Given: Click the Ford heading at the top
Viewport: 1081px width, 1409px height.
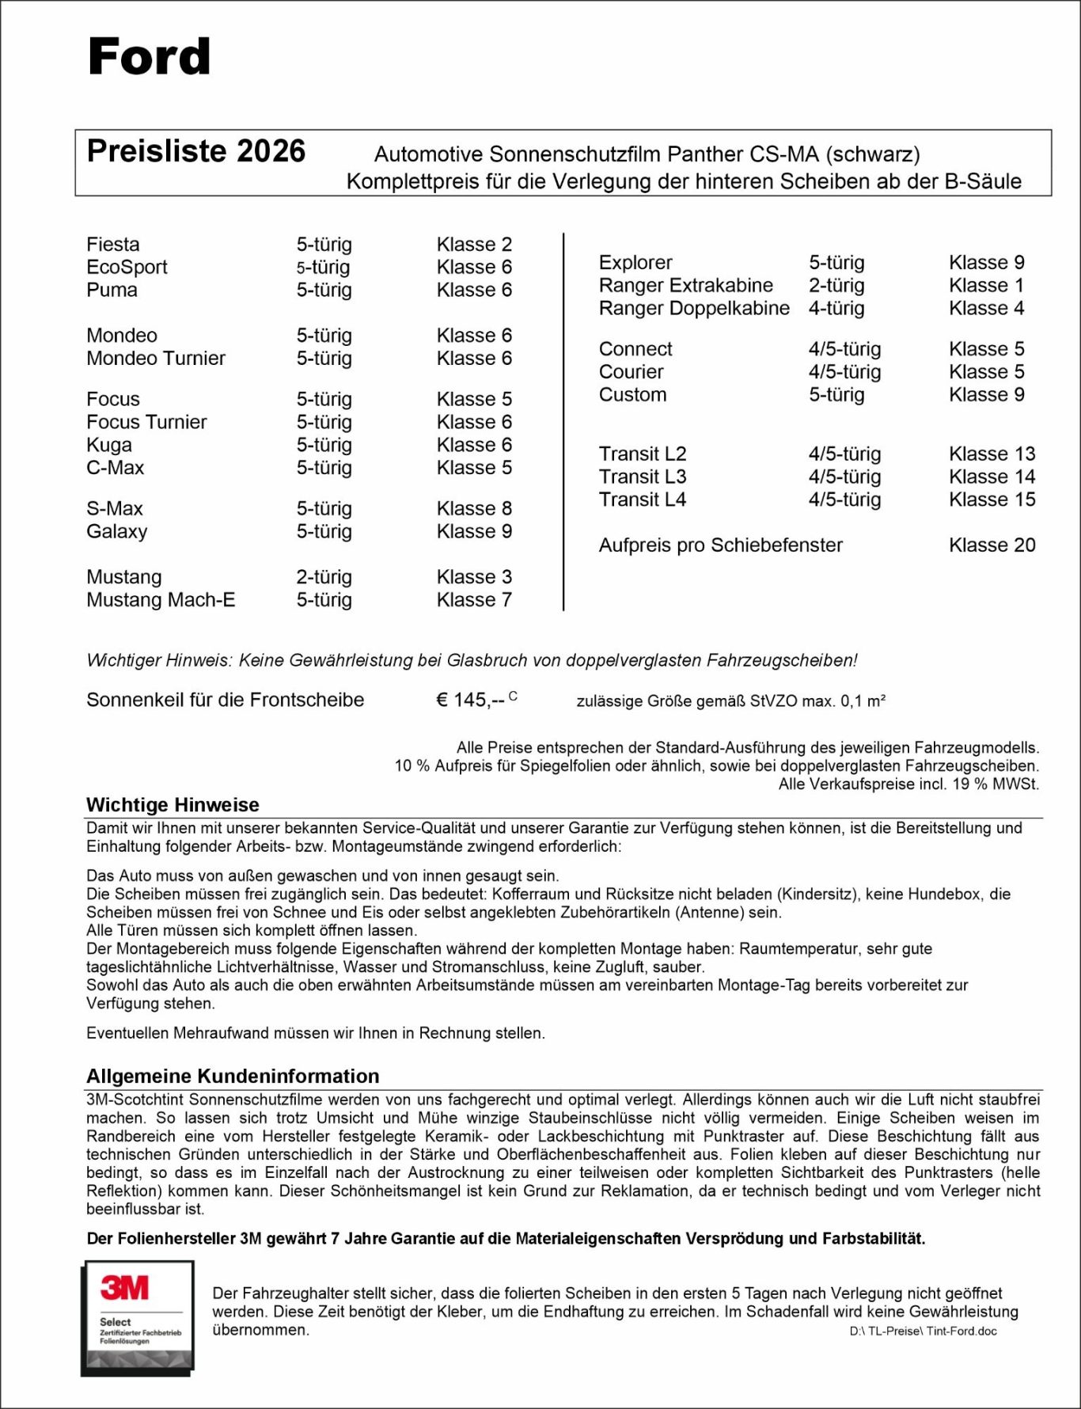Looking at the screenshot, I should pos(149,57).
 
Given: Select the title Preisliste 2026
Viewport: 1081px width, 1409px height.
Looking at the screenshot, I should pos(195,151).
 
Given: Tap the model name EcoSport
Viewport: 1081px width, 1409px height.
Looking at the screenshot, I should pos(127,268).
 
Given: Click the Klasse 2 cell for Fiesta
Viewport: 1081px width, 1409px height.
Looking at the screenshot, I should pos(474,245).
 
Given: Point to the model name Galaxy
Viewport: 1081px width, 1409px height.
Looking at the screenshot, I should pos(116,532).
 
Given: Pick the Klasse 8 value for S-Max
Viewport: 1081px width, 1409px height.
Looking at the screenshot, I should pos(474,509).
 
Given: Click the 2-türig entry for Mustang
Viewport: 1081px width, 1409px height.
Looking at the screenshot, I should pos(324,577).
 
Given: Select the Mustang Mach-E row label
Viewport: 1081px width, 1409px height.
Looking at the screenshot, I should pos(161,600).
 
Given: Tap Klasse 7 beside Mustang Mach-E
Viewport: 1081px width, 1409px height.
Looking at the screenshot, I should pos(474,600).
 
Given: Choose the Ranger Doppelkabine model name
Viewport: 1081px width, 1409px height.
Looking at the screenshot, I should pos(694,309).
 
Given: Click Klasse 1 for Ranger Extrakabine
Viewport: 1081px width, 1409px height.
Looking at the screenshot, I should pos(986,286).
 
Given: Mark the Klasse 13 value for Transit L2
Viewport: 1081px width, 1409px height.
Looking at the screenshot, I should pos(992,454).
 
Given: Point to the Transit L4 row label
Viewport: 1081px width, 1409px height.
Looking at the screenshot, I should pos(642,500).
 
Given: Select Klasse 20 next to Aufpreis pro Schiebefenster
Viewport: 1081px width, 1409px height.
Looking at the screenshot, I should pos(992,545).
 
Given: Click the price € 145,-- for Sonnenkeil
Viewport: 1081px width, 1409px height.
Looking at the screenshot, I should pos(471,701).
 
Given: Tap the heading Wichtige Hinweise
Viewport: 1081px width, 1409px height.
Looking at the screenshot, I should pos(173,805).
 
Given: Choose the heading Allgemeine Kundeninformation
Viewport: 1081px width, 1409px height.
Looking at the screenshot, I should pos(233,1077).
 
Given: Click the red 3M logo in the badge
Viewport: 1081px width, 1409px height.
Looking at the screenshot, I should pos(125,1288).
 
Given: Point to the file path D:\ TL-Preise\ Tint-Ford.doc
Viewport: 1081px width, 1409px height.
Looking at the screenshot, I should pos(923,1331).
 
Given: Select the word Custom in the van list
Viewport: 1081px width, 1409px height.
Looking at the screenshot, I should pos(632,395).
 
